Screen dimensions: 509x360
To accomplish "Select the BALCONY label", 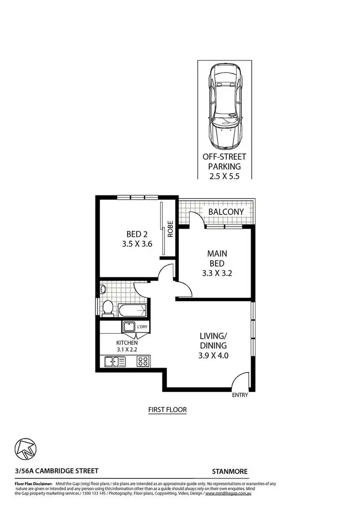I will pos(226,212).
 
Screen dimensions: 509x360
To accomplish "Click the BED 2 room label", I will pos(137,234).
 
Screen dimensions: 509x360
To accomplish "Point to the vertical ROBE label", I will pos(170,229).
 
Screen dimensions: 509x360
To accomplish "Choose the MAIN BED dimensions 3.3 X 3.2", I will pos(217,275).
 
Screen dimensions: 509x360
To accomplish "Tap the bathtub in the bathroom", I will pos(132,310).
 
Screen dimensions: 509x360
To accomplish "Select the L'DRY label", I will pos(142,327).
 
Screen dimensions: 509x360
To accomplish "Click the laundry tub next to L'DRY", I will pos(129,328).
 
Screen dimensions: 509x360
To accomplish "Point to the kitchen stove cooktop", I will pos(143,361).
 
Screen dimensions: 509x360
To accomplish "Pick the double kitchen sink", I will pos(115,361).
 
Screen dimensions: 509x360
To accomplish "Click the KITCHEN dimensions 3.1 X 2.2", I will pos(127,349).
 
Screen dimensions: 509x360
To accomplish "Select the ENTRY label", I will pos(240,395).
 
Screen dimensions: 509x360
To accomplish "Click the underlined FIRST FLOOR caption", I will pos(167,410).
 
